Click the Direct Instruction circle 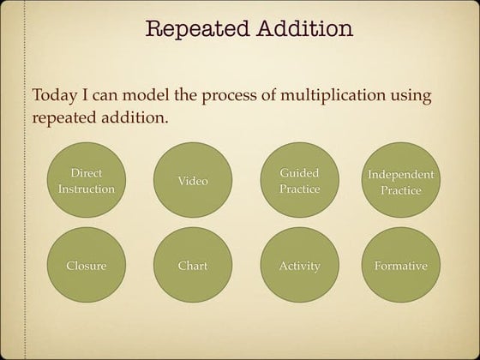(x=86, y=181)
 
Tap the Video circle (x=193, y=181)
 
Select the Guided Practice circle (x=299, y=181)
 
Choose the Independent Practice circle (x=400, y=181)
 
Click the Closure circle (x=86, y=266)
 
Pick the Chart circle (x=193, y=266)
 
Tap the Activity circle (x=299, y=266)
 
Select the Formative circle (x=400, y=266)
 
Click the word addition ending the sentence (x=135, y=116)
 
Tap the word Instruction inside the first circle (x=86, y=189)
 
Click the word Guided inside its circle (x=299, y=173)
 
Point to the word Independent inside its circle (x=400, y=174)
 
